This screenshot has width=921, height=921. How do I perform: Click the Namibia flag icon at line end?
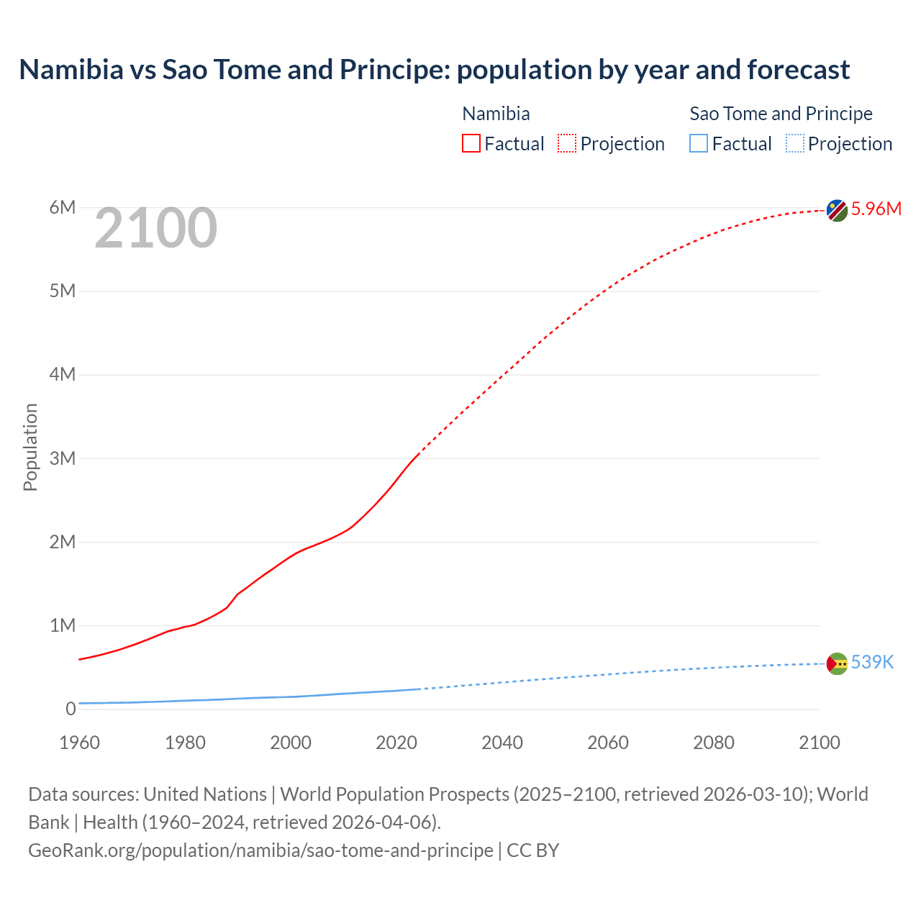pyautogui.click(x=837, y=210)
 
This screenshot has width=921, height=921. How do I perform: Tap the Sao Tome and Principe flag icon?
pyautogui.click(x=837, y=663)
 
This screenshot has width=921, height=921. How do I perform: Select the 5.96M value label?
pyautogui.click(x=876, y=209)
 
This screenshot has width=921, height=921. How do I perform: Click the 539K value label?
pyautogui.click(x=872, y=662)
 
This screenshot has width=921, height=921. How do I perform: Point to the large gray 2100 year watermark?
pyautogui.click(x=155, y=228)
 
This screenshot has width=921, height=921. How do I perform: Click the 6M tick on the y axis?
pyautogui.click(x=63, y=208)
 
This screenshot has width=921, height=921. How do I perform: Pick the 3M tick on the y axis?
pyautogui.click(x=63, y=458)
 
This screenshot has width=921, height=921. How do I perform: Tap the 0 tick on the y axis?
pyautogui.click(x=71, y=709)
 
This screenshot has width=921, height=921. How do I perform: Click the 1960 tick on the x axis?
pyautogui.click(x=79, y=743)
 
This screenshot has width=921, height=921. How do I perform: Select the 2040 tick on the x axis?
pyautogui.click(x=502, y=743)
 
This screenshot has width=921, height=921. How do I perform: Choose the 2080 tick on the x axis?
pyautogui.click(x=714, y=743)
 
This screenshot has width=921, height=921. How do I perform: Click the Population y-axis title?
pyautogui.click(x=30, y=447)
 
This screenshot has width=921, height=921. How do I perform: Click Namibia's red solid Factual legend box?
pyautogui.click(x=471, y=144)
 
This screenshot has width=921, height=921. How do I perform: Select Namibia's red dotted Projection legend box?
pyautogui.click(x=567, y=144)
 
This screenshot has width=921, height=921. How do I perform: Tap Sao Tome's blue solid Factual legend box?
pyautogui.click(x=699, y=144)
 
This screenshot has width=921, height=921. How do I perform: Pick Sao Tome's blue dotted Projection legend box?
pyautogui.click(x=794, y=144)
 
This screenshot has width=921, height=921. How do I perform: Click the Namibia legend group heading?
pyautogui.click(x=496, y=114)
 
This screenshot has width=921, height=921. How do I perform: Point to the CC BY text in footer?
pyautogui.click(x=533, y=850)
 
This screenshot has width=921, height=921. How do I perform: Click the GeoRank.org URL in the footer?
pyautogui.click(x=260, y=850)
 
